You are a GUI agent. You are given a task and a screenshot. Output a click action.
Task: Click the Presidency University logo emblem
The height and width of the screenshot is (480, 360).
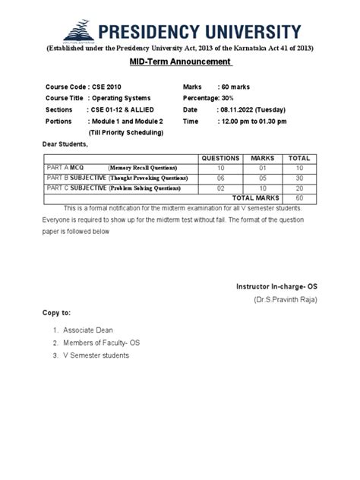point(78,31)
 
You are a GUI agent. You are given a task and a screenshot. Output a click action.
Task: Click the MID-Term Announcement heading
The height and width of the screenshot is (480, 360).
point(180,61)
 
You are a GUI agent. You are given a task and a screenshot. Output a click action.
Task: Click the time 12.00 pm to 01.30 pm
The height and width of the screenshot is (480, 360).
point(254,121)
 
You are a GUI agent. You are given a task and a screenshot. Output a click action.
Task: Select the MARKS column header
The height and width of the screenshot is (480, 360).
point(262,158)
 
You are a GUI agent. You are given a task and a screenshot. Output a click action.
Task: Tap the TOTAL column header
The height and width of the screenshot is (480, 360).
point(300,158)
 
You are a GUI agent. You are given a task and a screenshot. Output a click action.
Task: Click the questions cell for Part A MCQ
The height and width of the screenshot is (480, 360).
point(220,168)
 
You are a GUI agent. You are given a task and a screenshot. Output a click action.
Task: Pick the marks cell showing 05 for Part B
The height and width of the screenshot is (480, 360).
point(262,178)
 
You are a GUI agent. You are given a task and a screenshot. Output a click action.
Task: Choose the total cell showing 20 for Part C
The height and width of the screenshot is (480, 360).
point(300,188)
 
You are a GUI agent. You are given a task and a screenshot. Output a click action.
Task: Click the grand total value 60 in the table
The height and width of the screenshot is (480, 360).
point(300,197)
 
